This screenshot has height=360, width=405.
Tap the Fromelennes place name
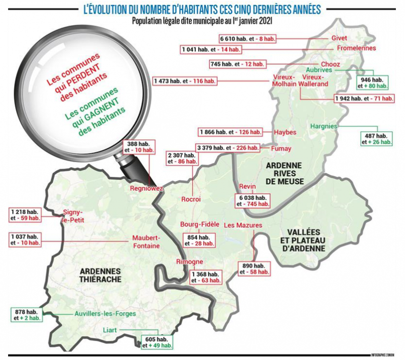pyautogui.click(x=357, y=48)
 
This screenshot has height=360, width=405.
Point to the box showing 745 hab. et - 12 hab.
pyautogui.click(x=237, y=64)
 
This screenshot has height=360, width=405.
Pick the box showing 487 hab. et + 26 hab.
pyautogui.click(x=377, y=139)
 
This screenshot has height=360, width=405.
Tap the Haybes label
pyautogui.click(x=285, y=132)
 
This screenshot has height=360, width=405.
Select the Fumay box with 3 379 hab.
pyautogui.click(x=227, y=148)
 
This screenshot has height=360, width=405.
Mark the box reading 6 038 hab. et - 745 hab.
pyautogui.click(x=252, y=201)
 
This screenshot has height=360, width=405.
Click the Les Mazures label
pyautogui.click(x=241, y=224)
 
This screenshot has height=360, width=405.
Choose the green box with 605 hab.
pyautogui.click(x=157, y=342)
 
